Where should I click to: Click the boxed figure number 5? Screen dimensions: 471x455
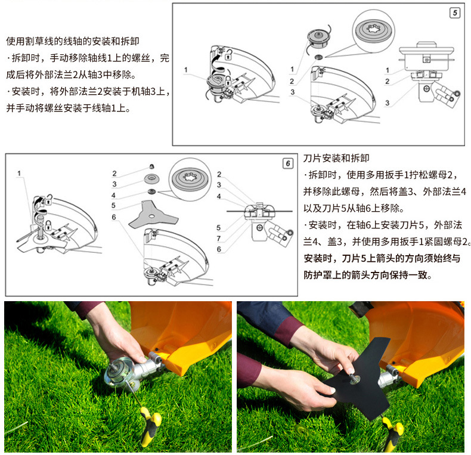click(455, 13)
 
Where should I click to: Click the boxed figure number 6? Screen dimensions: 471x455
click(288, 163)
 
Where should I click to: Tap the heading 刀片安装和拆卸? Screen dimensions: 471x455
click(336, 158)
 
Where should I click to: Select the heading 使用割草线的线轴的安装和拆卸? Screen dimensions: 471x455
click(72, 41)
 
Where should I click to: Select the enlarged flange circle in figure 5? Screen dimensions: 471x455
click(373, 31)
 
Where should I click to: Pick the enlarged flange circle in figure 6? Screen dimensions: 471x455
click(190, 179)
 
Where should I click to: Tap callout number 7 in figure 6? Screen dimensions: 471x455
click(219, 239)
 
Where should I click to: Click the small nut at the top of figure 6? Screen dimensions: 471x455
click(152, 166)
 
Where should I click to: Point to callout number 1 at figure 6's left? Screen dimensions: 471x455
click(19, 173)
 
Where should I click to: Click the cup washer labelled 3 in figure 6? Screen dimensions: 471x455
click(151, 179)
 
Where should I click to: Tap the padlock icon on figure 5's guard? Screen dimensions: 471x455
click(228, 56)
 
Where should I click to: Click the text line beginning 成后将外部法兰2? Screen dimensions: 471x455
click(71, 75)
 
